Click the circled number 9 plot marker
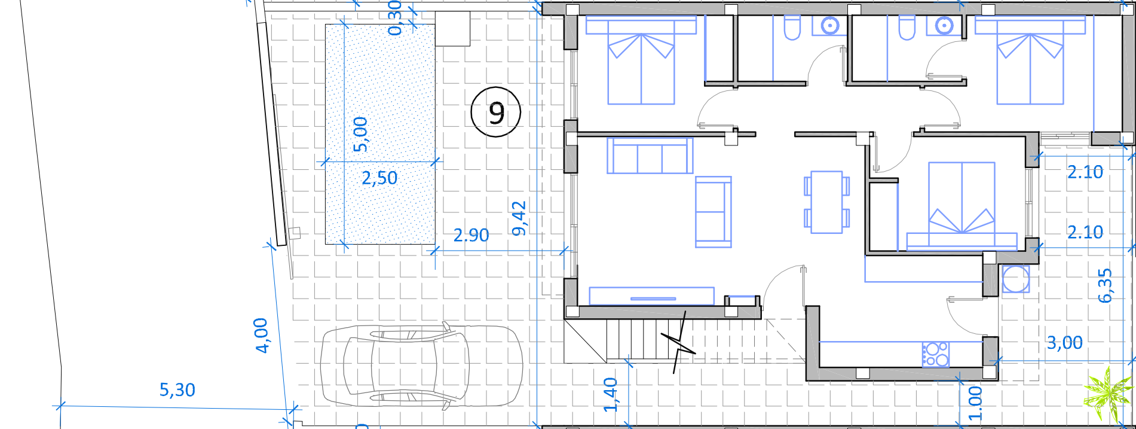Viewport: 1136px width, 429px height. tap(495, 112)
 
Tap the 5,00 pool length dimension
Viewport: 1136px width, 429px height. tap(360, 134)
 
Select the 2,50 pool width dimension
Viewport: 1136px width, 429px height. tap(379, 178)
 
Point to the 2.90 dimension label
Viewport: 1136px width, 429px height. tap(471, 235)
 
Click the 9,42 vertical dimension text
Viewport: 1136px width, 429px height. tap(519, 218)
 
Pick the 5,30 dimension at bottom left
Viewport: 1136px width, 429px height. tap(177, 390)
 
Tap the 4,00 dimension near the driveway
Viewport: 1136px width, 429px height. tap(261, 336)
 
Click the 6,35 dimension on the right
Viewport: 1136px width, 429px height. tap(1106, 285)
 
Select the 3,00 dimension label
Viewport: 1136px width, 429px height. tap(1065, 343)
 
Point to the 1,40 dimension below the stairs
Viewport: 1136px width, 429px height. tap(610, 395)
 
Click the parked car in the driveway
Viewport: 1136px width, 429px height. tap(421, 367)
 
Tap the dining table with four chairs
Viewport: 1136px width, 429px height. tap(827, 202)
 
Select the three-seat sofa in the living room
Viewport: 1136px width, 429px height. tap(650, 156)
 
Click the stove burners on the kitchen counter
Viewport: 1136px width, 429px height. tap(935, 354)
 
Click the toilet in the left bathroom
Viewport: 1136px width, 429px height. tap(792, 28)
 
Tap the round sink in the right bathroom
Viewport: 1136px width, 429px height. tap(944, 26)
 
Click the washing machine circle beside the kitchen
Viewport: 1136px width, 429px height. tap(1015, 279)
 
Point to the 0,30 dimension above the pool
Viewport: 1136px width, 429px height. tap(395, 18)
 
